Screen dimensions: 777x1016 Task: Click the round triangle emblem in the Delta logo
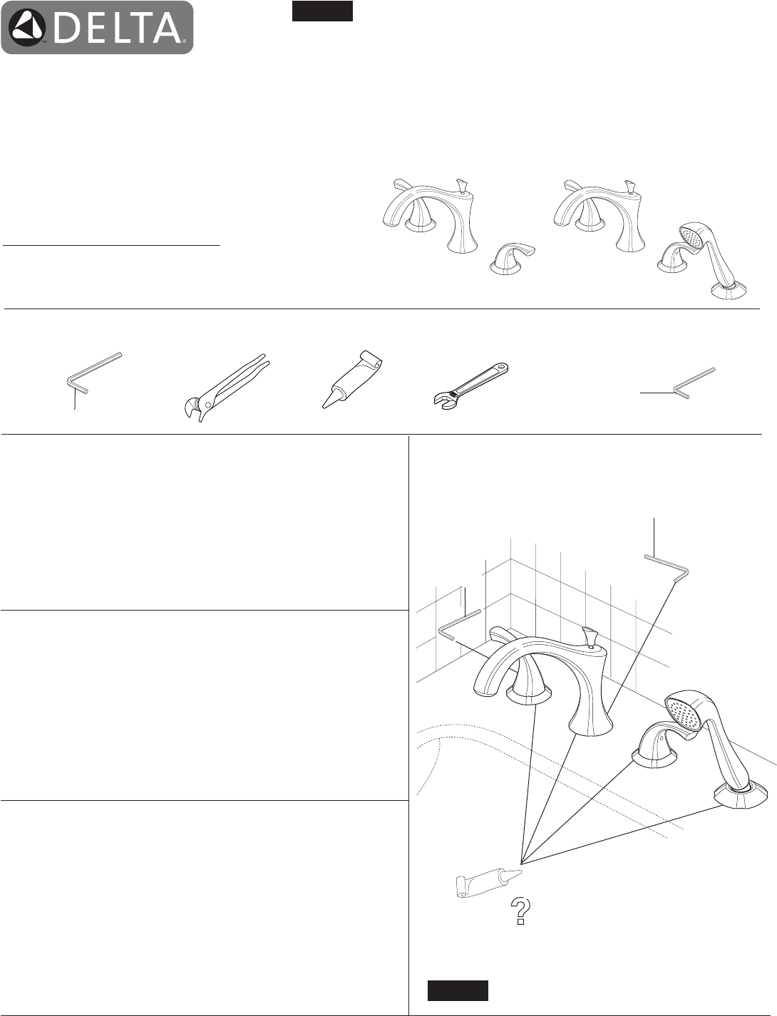click(x=27, y=27)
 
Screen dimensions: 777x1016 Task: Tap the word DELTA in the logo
click(x=118, y=28)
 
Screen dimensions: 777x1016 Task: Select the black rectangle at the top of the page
click(x=322, y=11)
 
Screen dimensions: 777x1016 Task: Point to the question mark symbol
click(x=520, y=911)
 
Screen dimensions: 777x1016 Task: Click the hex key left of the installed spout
click(x=458, y=624)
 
